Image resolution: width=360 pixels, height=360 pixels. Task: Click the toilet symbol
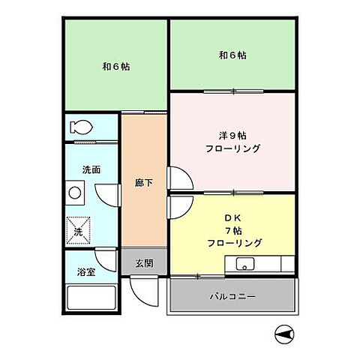pyautogui.click(x=77, y=127)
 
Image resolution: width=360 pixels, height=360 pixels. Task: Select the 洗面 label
pyautogui.click(x=91, y=170)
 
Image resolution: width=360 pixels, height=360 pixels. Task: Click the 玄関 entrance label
pyautogui.click(x=145, y=263)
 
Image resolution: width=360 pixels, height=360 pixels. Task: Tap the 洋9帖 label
pyautogui.click(x=232, y=136)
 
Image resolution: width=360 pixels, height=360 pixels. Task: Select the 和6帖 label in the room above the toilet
pyautogui.click(x=116, y=66)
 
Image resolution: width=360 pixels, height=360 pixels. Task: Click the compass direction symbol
pyautogui.click(x=283, y=335)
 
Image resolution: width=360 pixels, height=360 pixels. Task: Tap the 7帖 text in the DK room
pyautogui.click(x=232, y=230)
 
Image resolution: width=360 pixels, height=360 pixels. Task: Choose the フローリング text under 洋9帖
pyautogui.click(x=232, y=148)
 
